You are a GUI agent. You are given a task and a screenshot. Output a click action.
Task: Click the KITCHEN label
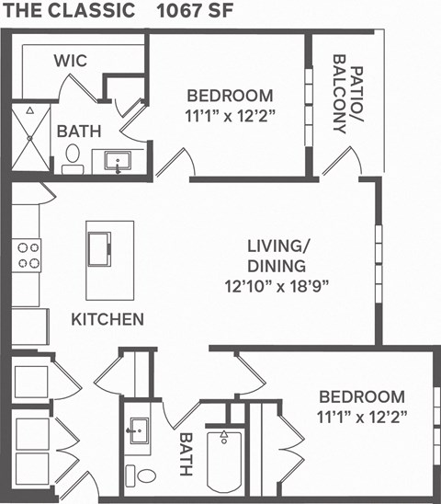coord(107,319)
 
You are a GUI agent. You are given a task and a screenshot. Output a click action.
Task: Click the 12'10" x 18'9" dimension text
coord(277,285)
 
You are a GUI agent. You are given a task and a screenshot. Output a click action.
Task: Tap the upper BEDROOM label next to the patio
coord(230,96)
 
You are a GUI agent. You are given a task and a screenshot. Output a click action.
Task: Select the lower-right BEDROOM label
coord(362,397)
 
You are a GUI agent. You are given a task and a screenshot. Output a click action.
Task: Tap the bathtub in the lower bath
coord(225,461)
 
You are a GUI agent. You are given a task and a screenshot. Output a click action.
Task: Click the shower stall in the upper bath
coord(31,138)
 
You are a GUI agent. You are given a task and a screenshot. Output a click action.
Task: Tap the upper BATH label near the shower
coord(73,132)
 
